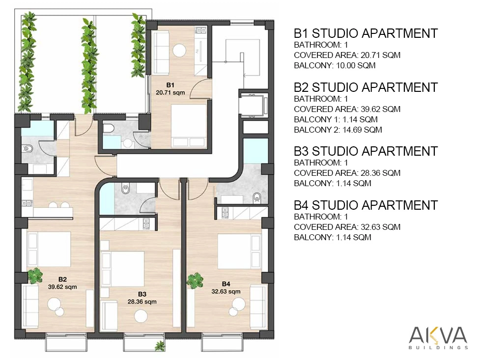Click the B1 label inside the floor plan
coord(170,85)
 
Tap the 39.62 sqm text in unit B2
coord(62,287)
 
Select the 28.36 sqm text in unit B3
coord(142,302)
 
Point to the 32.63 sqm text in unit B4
coord(226,291)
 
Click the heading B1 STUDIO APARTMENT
coord(366,33)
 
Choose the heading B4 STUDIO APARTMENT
coord(366,205)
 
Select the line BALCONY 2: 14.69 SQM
coord(338,130)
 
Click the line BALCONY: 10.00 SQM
coord(335,65)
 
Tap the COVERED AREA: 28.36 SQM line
coord(347,173)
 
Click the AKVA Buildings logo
coord(438,337)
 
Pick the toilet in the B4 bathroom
coord(257,198)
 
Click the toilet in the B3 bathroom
coord(125,189)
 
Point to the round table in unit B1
coord(179,50)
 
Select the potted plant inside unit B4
coord(195,281)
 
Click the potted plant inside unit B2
coord(35,276)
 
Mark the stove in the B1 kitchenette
coord(201,30)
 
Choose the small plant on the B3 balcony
coord(160,346)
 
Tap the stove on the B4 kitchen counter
coord(225,212)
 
